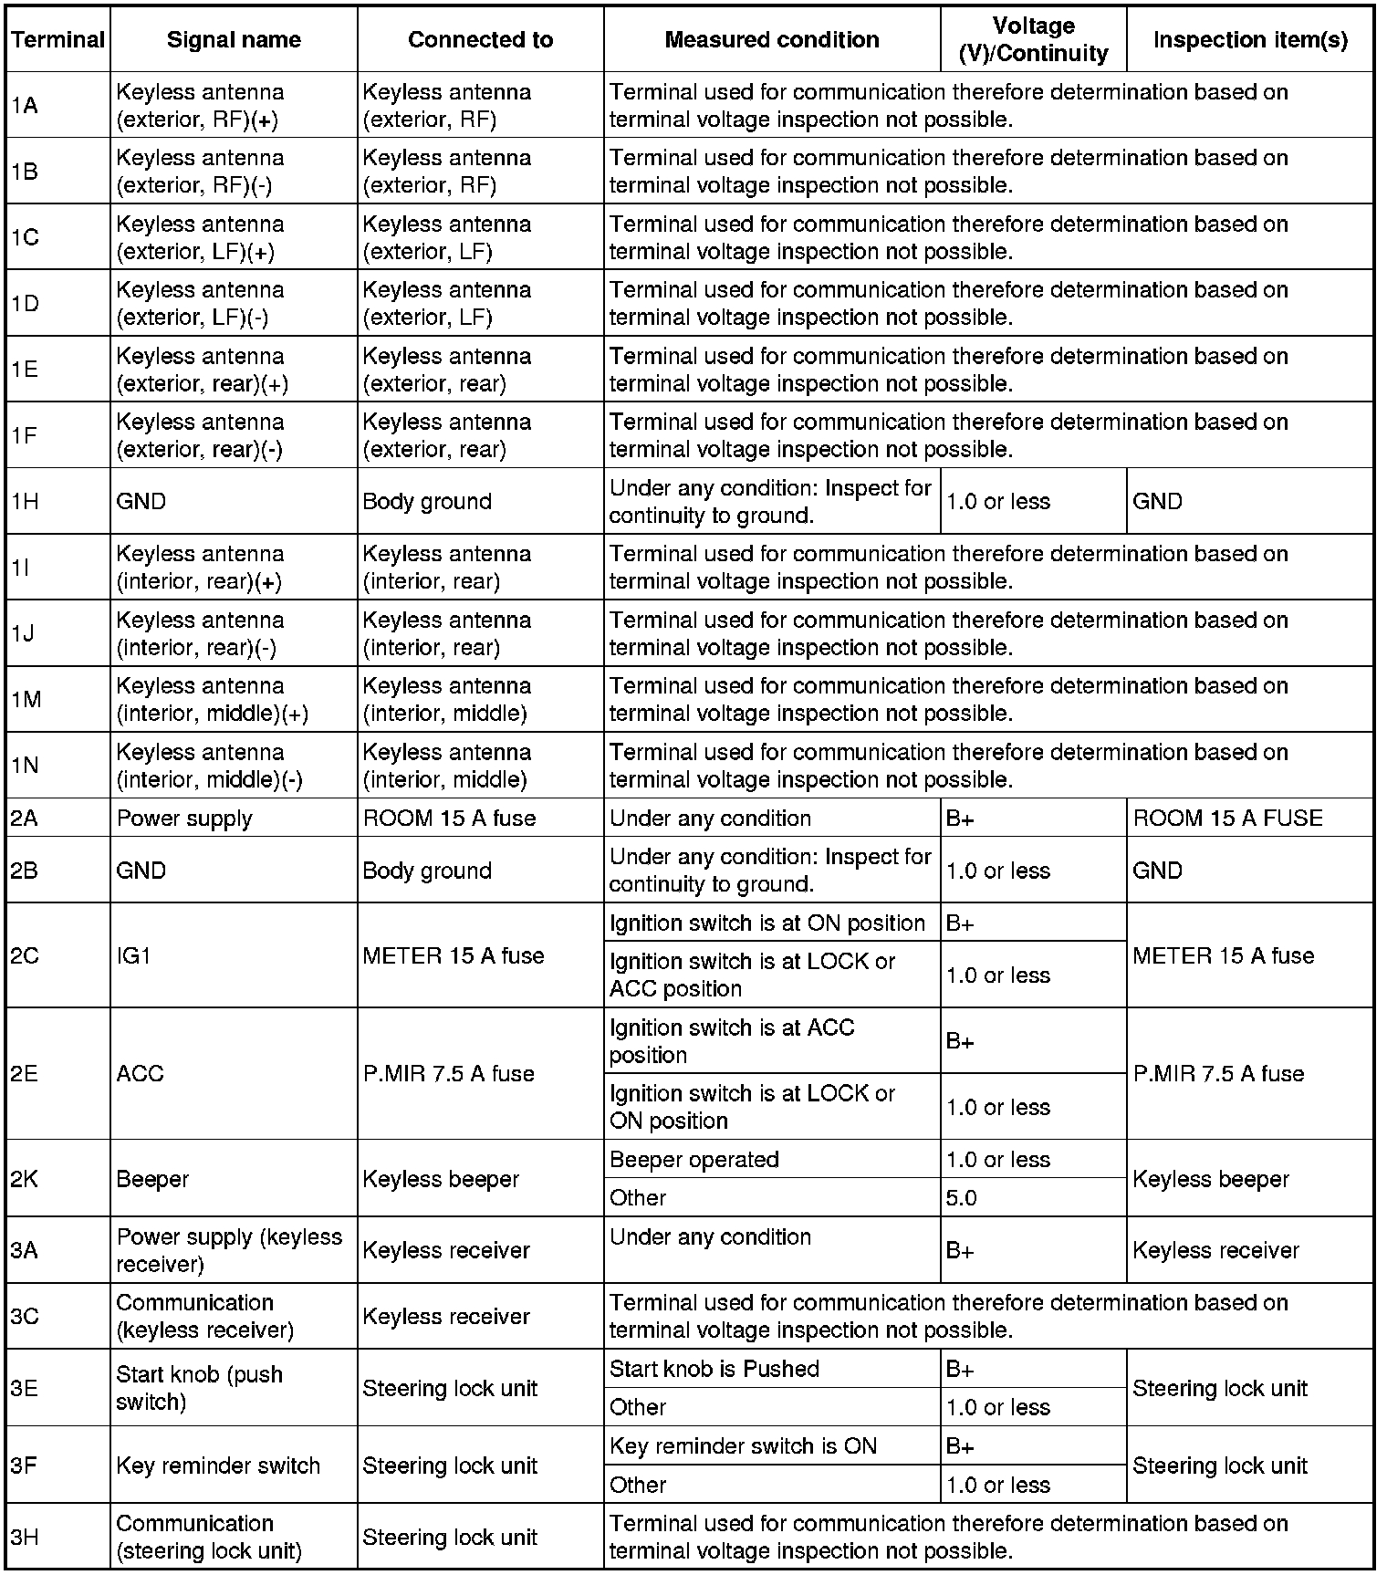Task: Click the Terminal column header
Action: coord(57,39)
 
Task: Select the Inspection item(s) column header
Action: coord(1249,39)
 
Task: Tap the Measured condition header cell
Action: coord(771,39)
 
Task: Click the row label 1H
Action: coord(26,501)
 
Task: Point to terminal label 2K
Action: coord(26,1178)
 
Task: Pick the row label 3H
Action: coord(26,1537)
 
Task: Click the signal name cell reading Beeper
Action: coord(152,1178)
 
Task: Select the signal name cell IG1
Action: coord(134,955)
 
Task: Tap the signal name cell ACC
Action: coord(140,1073)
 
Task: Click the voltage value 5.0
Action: coord(962,1197)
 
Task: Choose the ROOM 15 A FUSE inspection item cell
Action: coord(1227,818)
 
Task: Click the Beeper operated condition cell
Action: coord(693,1159)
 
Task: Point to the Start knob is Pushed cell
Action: coord(714,1369)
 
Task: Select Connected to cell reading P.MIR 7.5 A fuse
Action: coord(448,1073)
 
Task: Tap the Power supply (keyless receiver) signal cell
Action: coord(228,1250)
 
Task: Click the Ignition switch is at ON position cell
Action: coord(766,923)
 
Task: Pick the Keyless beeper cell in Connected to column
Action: coord(440,1178)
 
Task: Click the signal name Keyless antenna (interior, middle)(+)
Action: coord(212,699)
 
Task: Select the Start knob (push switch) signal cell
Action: coord(199,1388)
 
